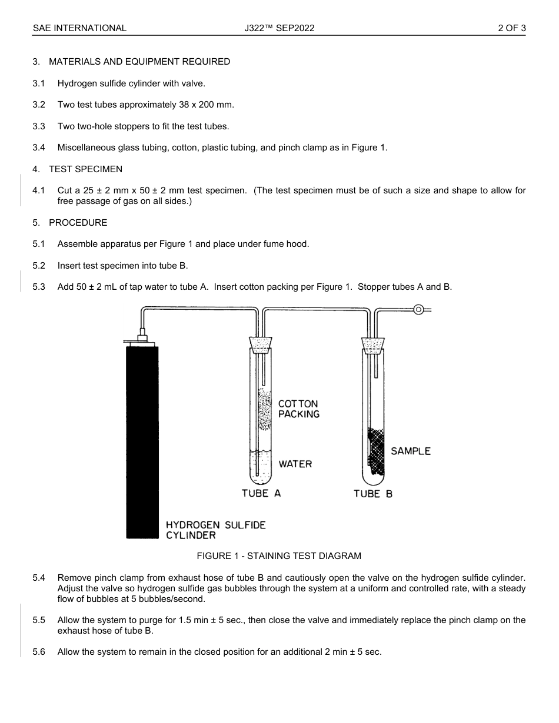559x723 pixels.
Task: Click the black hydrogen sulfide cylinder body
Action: pos(142,441)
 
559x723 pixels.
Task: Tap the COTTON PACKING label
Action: pos(299,409)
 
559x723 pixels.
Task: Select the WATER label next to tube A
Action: pos(295,464)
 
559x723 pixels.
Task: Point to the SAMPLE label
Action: pos(411,451)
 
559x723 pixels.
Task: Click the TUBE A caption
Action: pos(261,493)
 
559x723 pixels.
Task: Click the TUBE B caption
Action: pos(373,494)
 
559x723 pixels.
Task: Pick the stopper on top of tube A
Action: pos(261,343)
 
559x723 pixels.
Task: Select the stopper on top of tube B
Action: pos(372,344)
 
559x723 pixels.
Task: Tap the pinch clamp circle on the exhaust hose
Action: pos(418,309)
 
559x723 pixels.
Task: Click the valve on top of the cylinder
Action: pos(141,337)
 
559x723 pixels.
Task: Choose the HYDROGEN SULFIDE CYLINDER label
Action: pos(215,530)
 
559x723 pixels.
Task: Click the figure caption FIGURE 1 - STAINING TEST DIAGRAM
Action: pos(279,555)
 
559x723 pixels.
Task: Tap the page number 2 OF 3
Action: pos(511,28)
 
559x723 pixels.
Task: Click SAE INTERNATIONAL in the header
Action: pos(79,28)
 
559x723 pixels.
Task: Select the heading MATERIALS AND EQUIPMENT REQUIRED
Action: pos(139,62)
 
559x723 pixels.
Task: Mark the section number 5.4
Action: pos(39,578)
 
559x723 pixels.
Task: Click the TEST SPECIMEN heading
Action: pos(85,169)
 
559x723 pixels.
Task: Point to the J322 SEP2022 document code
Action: pos(279,28)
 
